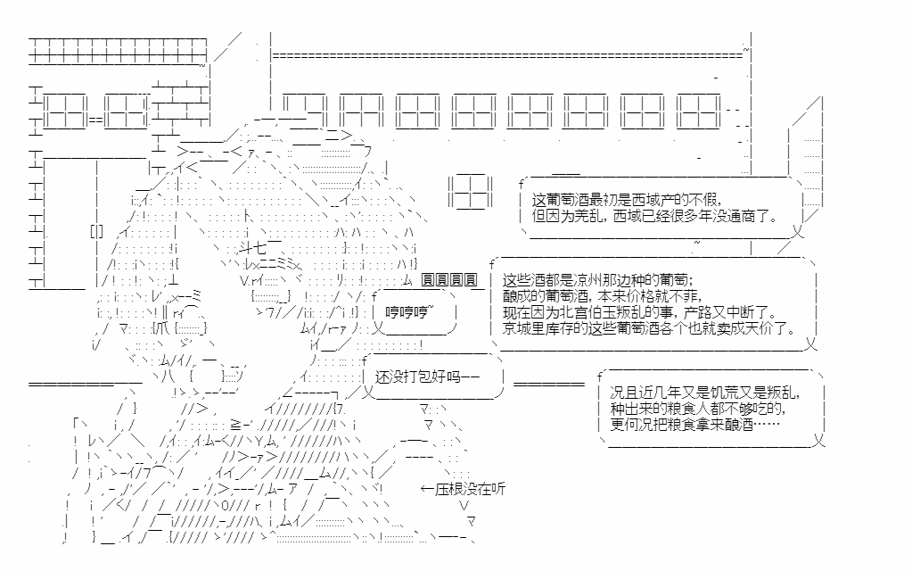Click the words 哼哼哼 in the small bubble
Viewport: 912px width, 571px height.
pyautogui.click(x=408, y=311)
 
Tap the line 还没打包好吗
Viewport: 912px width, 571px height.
pyautogui.click(x=427, y=377)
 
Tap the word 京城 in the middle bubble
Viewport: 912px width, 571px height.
pyautogui.click(x=515, y=328)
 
